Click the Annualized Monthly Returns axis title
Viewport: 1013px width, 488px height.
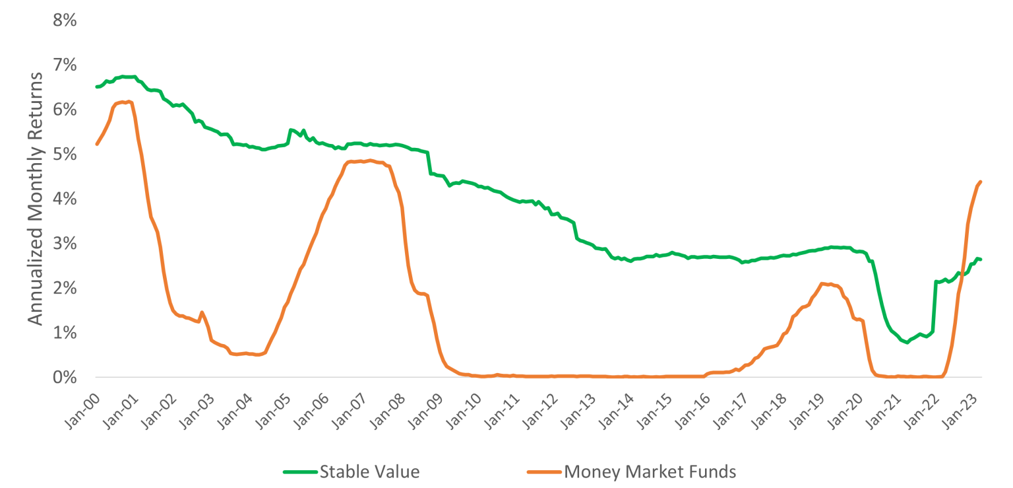(x=36, y=198)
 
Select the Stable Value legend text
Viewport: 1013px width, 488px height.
(x=369, y=471)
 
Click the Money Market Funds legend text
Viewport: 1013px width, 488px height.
(x=650, y=471)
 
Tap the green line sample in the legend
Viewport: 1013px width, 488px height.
(x=300, y=471)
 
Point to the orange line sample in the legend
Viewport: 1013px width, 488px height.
(x=543, y=471)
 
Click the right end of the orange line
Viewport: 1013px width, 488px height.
(x=981, y=182)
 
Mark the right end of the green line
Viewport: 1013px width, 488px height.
(x=981, y=259)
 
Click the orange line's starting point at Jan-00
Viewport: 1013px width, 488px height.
(x=97, y=144)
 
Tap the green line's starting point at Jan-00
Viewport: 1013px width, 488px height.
(x=97, y=87)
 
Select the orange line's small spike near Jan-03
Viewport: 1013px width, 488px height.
(x=202, y=312)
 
